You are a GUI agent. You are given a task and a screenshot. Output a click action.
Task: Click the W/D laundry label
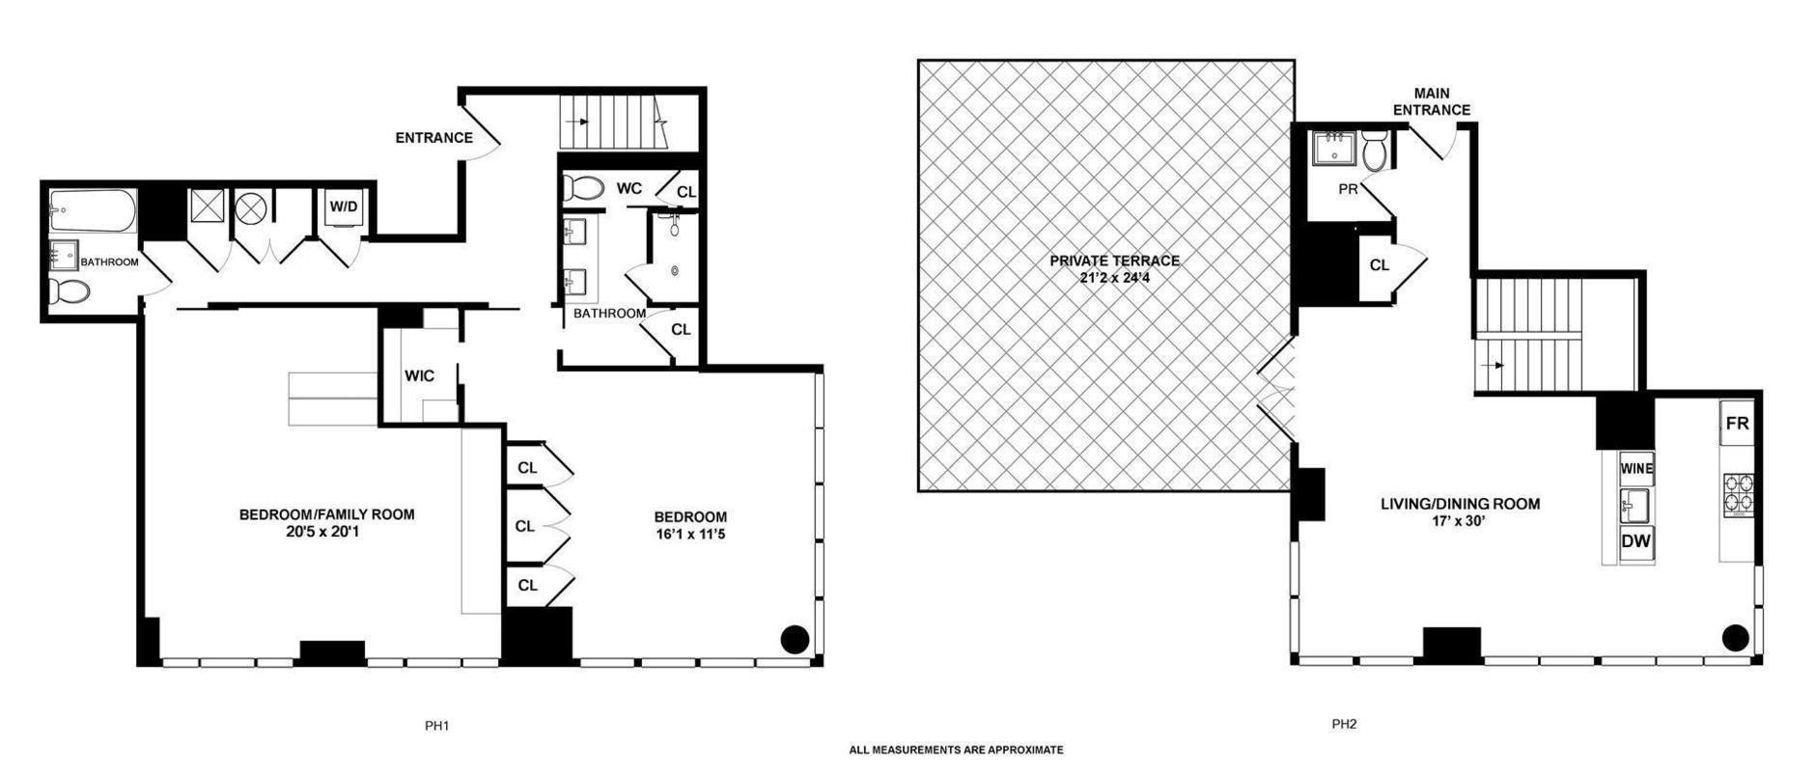click(343, 206)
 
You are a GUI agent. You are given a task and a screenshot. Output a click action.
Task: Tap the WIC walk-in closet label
click(419, 376)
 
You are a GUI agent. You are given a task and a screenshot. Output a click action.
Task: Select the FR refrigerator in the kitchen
click(1737, 424)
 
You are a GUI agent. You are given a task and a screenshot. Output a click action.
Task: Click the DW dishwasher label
click(1635, 541)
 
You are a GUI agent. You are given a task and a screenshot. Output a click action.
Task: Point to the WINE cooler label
click(1636, 469)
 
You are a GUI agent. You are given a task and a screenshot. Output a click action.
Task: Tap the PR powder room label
click(1348, 189)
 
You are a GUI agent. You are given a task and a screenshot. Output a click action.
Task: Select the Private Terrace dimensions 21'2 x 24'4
click(1114, 278)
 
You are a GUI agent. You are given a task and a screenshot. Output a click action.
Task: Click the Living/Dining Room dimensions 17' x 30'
click(1459, 522)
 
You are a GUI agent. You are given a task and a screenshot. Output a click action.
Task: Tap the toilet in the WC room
click(583, 187)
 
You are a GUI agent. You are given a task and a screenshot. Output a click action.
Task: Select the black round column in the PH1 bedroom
click(795, 638)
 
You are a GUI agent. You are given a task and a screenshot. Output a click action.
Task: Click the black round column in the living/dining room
click(1735, 636)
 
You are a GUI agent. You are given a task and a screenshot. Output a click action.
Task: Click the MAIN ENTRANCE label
click(1431, 101)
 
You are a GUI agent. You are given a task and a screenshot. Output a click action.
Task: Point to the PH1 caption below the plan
click(437, 726)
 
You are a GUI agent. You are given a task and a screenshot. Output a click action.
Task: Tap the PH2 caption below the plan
click(1344, 724)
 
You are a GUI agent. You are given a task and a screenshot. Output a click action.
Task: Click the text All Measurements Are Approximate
click(956, 750)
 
